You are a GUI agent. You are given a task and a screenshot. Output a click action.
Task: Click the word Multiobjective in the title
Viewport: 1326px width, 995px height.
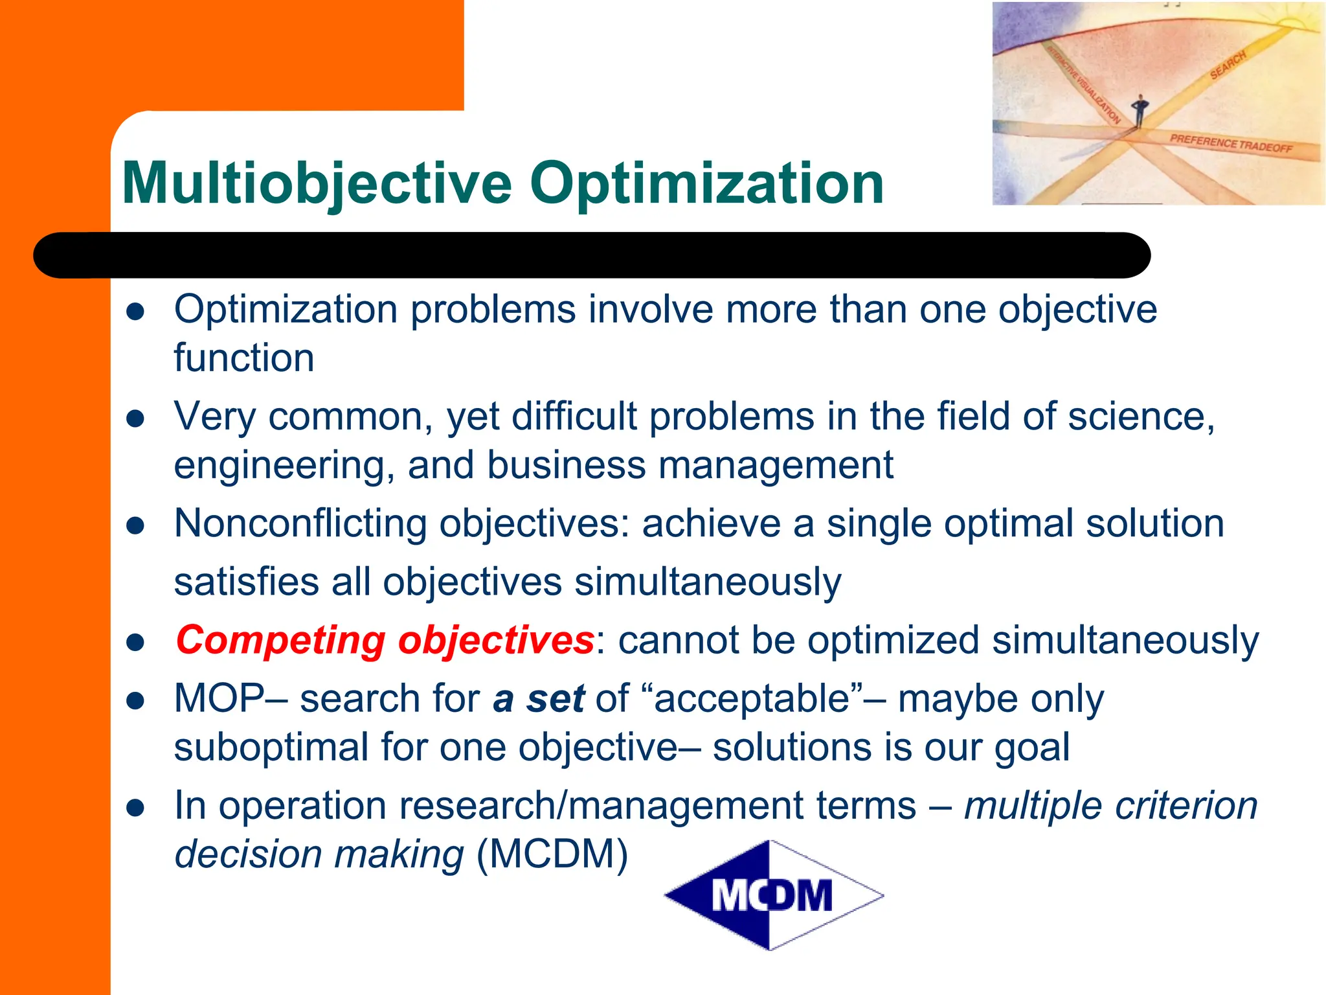pos(317,185)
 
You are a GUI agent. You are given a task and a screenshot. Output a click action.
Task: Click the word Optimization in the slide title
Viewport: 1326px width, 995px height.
pos(706,185)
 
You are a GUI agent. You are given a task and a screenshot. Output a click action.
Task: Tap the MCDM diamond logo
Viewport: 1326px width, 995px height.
pos(773,896)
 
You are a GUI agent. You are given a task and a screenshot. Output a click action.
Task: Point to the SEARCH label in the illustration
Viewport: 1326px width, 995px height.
pos(1228,65)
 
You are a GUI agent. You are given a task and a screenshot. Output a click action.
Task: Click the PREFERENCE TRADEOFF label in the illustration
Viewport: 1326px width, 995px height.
pos(1230,143)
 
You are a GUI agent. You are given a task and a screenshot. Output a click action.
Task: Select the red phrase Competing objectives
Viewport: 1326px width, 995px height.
pos(385,641)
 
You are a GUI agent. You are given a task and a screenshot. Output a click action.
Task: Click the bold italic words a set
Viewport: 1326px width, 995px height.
pos(539,699)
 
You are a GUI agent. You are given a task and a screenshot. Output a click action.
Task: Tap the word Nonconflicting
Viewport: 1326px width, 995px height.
pos(300,523)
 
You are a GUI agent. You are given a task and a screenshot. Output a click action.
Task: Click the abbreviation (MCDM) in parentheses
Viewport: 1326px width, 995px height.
pos(552,854)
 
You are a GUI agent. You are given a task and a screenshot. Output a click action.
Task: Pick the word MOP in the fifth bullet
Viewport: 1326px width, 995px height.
pos(219,699)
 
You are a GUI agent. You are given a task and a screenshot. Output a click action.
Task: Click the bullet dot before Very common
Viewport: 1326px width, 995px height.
pos(135,419)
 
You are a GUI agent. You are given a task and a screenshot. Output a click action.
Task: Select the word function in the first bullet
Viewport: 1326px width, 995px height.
pos(244,358)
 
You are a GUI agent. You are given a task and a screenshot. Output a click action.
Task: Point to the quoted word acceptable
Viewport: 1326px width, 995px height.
pos(755,699)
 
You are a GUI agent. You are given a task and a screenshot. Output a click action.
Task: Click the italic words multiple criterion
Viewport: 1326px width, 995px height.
pos(1110,806)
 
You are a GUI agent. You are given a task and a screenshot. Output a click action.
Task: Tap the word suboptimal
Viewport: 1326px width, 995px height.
pos(271,748)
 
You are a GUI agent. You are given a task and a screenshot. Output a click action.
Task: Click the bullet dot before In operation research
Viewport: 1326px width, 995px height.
pos(135,808)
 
